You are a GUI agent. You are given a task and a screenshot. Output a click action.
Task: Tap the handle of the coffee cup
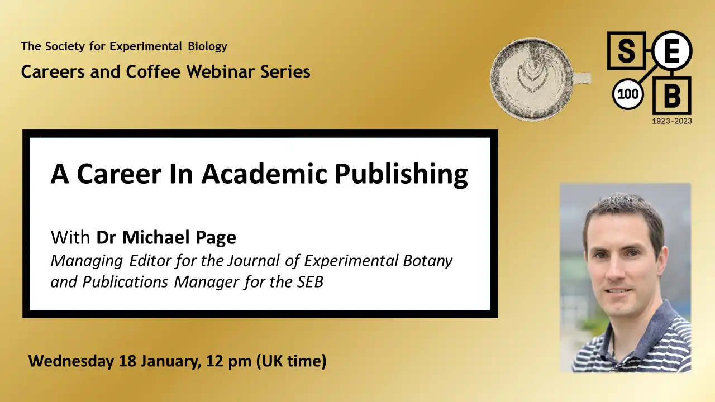pos(583,79)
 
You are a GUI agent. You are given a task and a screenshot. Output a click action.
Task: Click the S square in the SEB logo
pos(626,51)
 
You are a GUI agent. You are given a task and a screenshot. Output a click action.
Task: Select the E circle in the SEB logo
pos(671,51)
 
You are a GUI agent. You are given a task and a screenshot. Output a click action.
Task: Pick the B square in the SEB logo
pos(672,95)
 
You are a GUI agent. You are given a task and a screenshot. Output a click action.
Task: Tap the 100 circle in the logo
pos(628,94)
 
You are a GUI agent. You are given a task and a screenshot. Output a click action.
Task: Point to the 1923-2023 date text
pos(672,121)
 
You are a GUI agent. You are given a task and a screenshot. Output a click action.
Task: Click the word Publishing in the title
pos(401,174)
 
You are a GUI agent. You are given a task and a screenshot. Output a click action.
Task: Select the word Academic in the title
pos(264,174)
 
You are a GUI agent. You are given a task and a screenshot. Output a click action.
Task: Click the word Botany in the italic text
pos(428,261)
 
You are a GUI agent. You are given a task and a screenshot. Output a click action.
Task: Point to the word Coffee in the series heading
pos(153,71)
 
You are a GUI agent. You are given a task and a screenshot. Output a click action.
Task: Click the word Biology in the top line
pos(207,46)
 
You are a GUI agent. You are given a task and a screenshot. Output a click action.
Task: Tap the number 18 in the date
pos(128,361)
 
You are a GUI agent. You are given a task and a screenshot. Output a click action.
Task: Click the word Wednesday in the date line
pos(71,361)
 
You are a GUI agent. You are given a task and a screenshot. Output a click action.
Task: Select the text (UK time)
pos(292,361)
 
